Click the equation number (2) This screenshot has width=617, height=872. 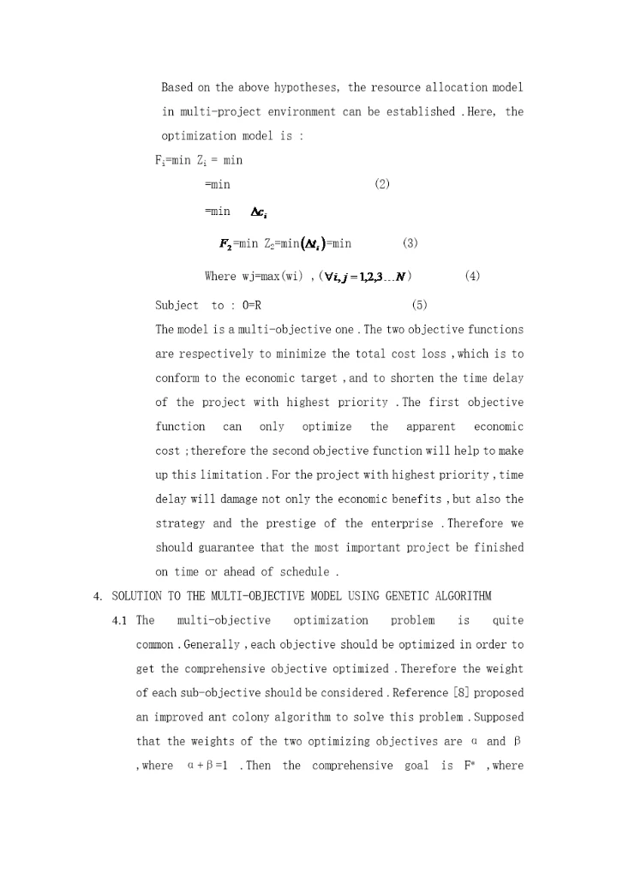(383, 184)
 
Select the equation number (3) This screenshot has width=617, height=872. (410, 243)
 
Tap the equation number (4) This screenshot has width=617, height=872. (472, 276)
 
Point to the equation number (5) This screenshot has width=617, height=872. (419, 305)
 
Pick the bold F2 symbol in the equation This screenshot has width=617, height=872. (226, 243)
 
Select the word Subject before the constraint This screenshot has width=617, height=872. (177, 305)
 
